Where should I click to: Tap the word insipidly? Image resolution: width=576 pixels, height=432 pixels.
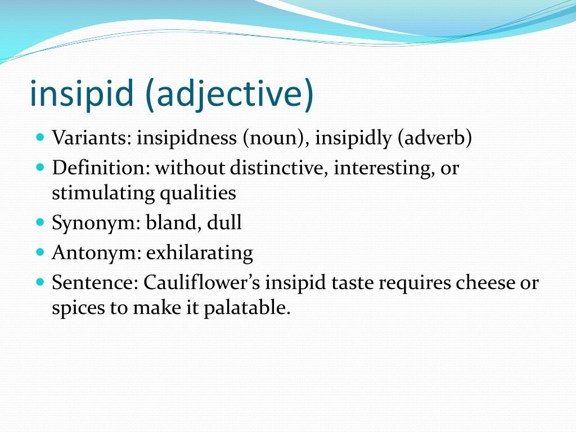[x=353, y=138]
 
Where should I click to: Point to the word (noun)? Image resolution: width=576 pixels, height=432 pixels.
[x=274, y=138]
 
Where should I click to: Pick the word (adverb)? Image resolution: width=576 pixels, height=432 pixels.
[x=434, y=138]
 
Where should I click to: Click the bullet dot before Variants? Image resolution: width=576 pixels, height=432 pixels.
[x=39, y=138]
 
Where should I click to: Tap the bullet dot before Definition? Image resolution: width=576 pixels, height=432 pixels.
[x=39, y=168]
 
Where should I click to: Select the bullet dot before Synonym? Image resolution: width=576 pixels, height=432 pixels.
[x=39, y=222]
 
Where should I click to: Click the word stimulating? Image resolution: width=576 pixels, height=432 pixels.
[x=103, y=193]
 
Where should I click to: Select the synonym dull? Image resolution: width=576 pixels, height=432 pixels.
[x=224, y=223]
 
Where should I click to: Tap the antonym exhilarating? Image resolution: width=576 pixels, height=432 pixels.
[x=200, y=253]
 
